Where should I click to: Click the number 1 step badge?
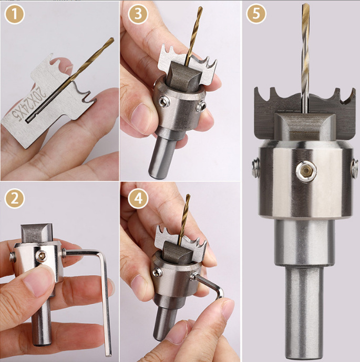(x=14, y=14)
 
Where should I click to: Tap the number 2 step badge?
(x=14, y=198)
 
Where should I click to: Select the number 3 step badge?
(x=138, y=14)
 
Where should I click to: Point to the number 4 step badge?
(x=138, y=198)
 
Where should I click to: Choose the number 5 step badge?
(x=256, y=14)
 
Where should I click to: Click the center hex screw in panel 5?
(x=306, y=171)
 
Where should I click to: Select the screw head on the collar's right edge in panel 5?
(x=354, y=169)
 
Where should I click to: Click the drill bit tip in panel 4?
(x=189, y=195)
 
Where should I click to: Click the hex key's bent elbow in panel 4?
(x=220, y=291)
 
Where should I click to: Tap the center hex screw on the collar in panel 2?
(x=42, y=256)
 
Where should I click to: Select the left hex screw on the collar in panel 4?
(x=158, y=272)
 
